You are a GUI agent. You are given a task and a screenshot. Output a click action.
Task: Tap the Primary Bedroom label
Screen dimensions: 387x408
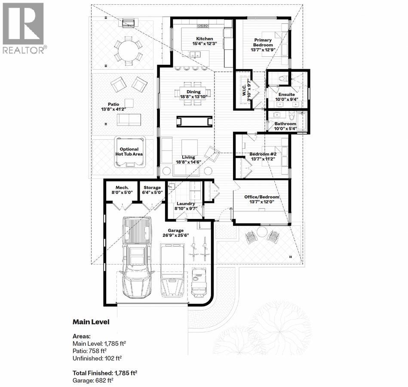pyautogui.click(x=263, y=42)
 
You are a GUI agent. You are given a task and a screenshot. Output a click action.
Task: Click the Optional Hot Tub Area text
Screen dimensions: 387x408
pyautogui.click(x=129, y=151)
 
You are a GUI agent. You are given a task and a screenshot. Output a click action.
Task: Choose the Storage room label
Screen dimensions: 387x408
pyautogui.click(x=153, y=187)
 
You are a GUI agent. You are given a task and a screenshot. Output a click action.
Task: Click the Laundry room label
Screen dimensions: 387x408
pyautogui.click(x=185, y=204)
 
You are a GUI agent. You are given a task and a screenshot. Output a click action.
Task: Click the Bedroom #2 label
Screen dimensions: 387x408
pyautogui.click(x=262, y=154)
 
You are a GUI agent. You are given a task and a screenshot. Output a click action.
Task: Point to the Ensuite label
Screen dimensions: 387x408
pyautogui.click(x=287, y=95)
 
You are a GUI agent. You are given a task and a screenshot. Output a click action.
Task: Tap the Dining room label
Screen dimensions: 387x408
pyautogui.click(x=193, y=92)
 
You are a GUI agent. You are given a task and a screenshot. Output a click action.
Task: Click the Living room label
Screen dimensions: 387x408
pyautogui.click(x=188, y=157)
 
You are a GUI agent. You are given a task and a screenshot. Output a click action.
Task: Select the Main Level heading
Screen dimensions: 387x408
pyautogui.click(x=91, y=322)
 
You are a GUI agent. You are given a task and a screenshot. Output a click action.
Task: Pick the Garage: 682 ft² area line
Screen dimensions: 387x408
pyautogui.click(x=93, y=381)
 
